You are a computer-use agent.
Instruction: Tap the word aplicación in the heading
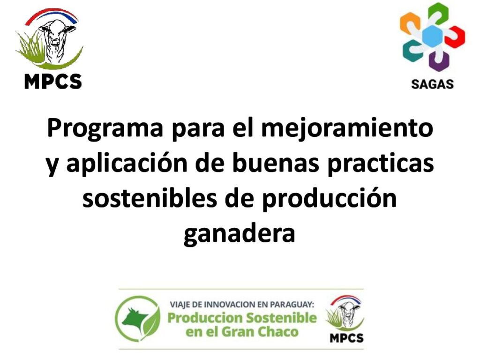(x=127, y=164)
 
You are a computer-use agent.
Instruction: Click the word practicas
(x=381, y=164)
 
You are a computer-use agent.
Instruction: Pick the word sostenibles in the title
(x=150, y=198)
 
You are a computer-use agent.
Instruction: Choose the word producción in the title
(x=330, y=199)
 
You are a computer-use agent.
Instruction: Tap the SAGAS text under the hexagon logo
(x=432, y=84)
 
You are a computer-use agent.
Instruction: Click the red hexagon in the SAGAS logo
(x=455, y=37)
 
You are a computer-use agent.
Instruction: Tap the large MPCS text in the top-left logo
(x=53, y=82)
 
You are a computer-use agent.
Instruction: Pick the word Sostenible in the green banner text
(x=281, y=318)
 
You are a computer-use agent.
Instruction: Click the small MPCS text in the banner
(x=346, y=338)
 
